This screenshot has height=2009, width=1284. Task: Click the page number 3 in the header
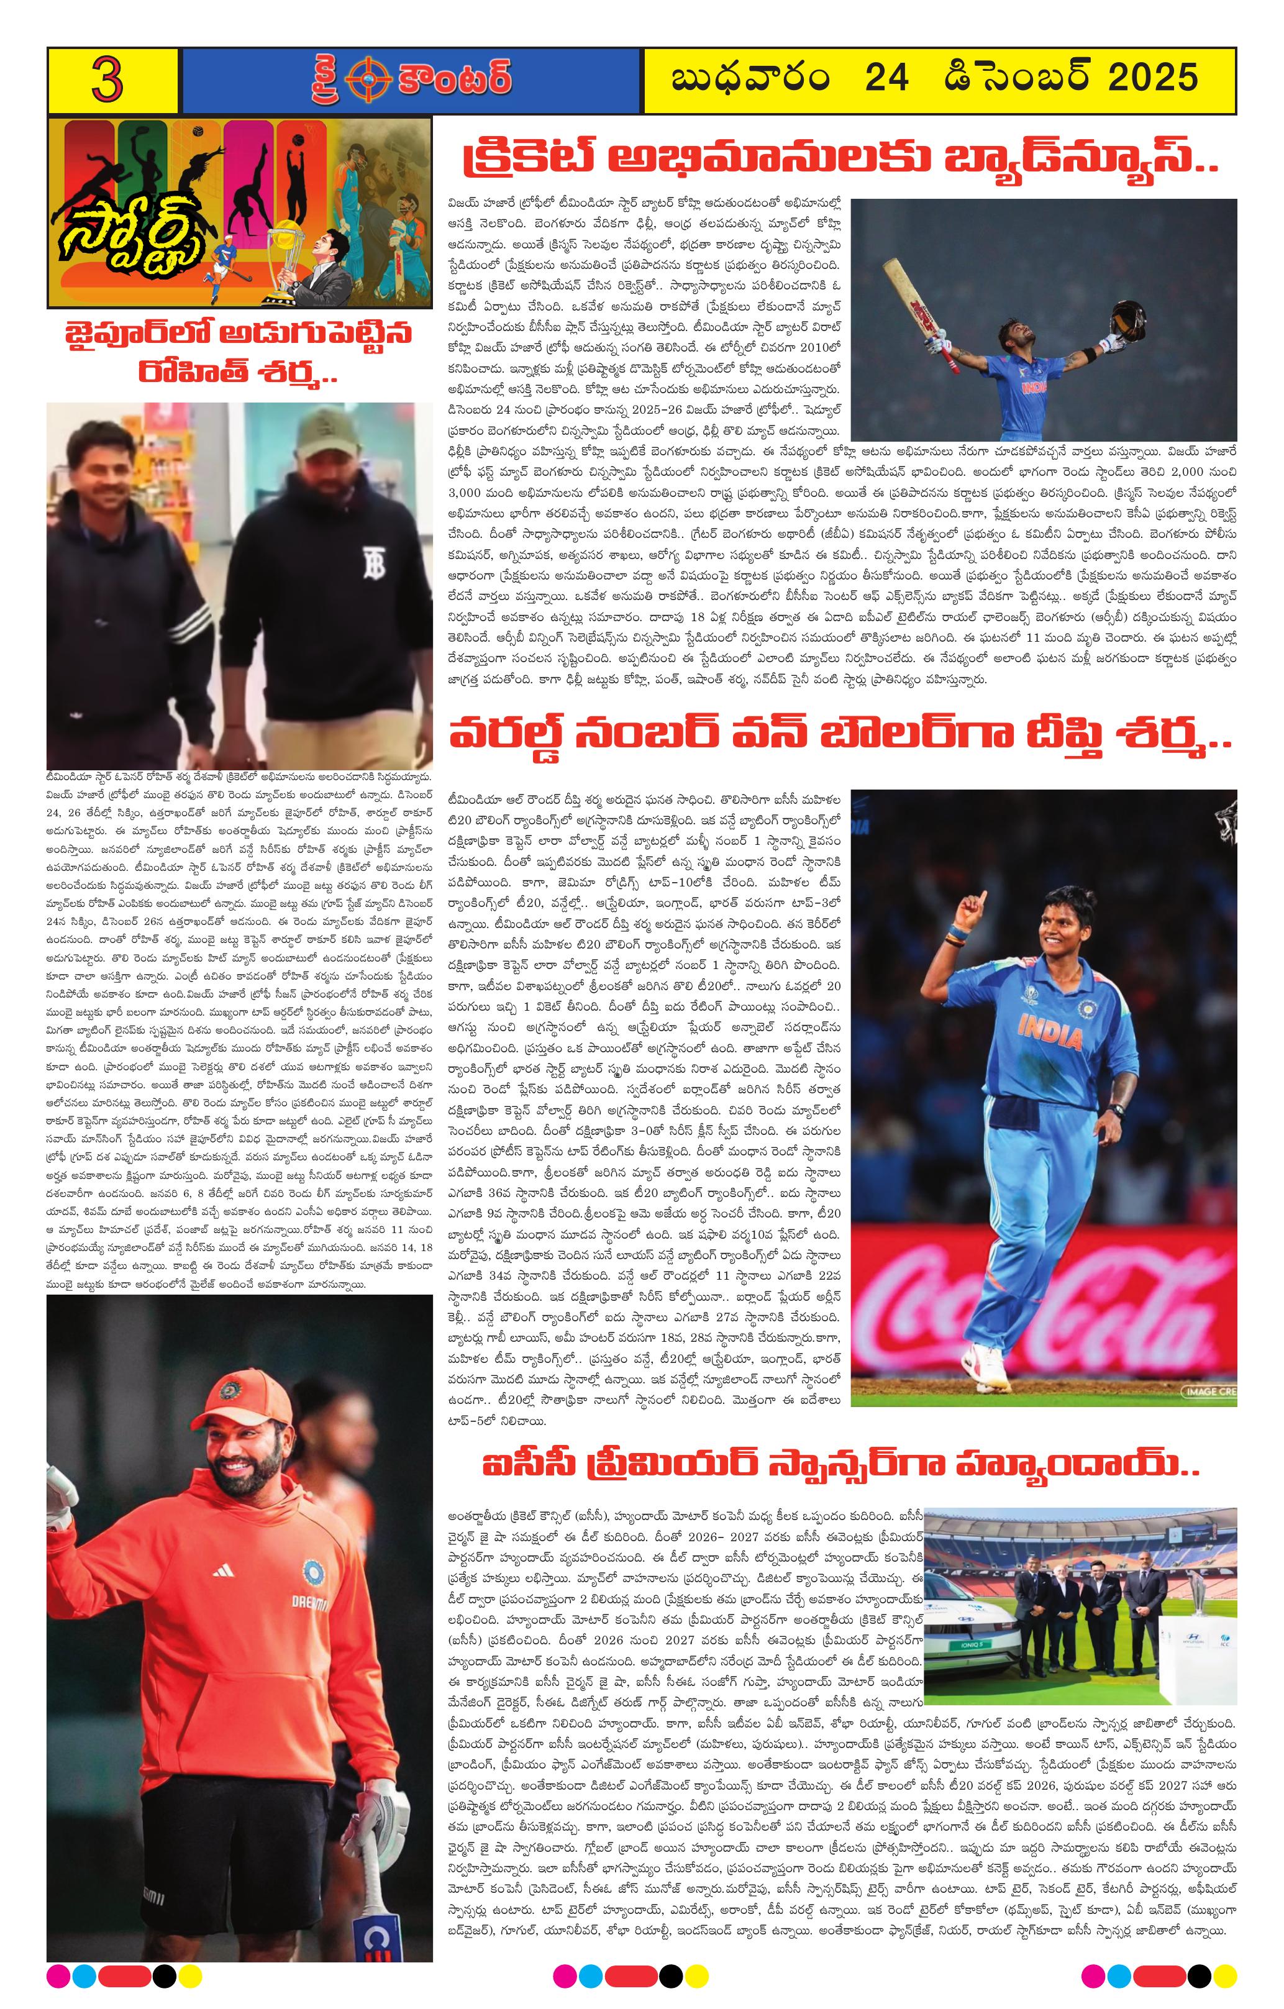click(109, 81)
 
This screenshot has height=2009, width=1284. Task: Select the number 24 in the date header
click(887, 78)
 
